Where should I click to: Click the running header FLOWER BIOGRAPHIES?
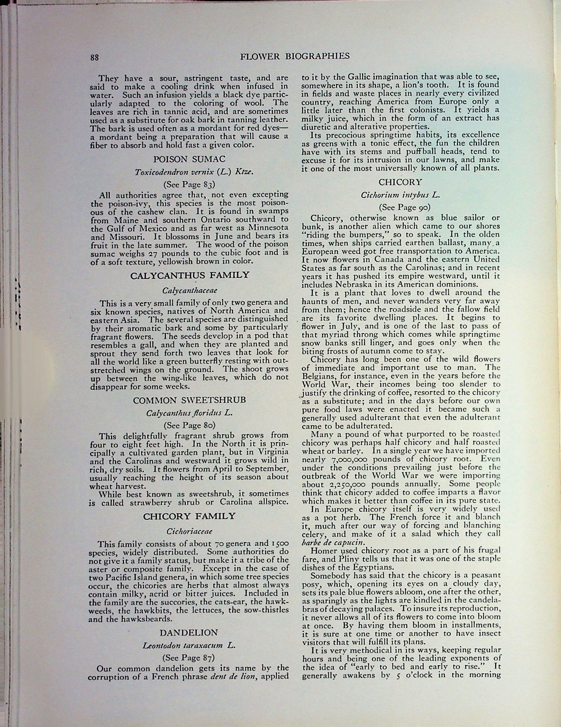295,56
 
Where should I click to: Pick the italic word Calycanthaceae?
190,290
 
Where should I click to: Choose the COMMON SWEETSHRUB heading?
189,400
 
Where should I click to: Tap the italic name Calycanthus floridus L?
189,413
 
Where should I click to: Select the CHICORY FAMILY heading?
189,516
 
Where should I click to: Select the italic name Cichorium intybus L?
400,195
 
